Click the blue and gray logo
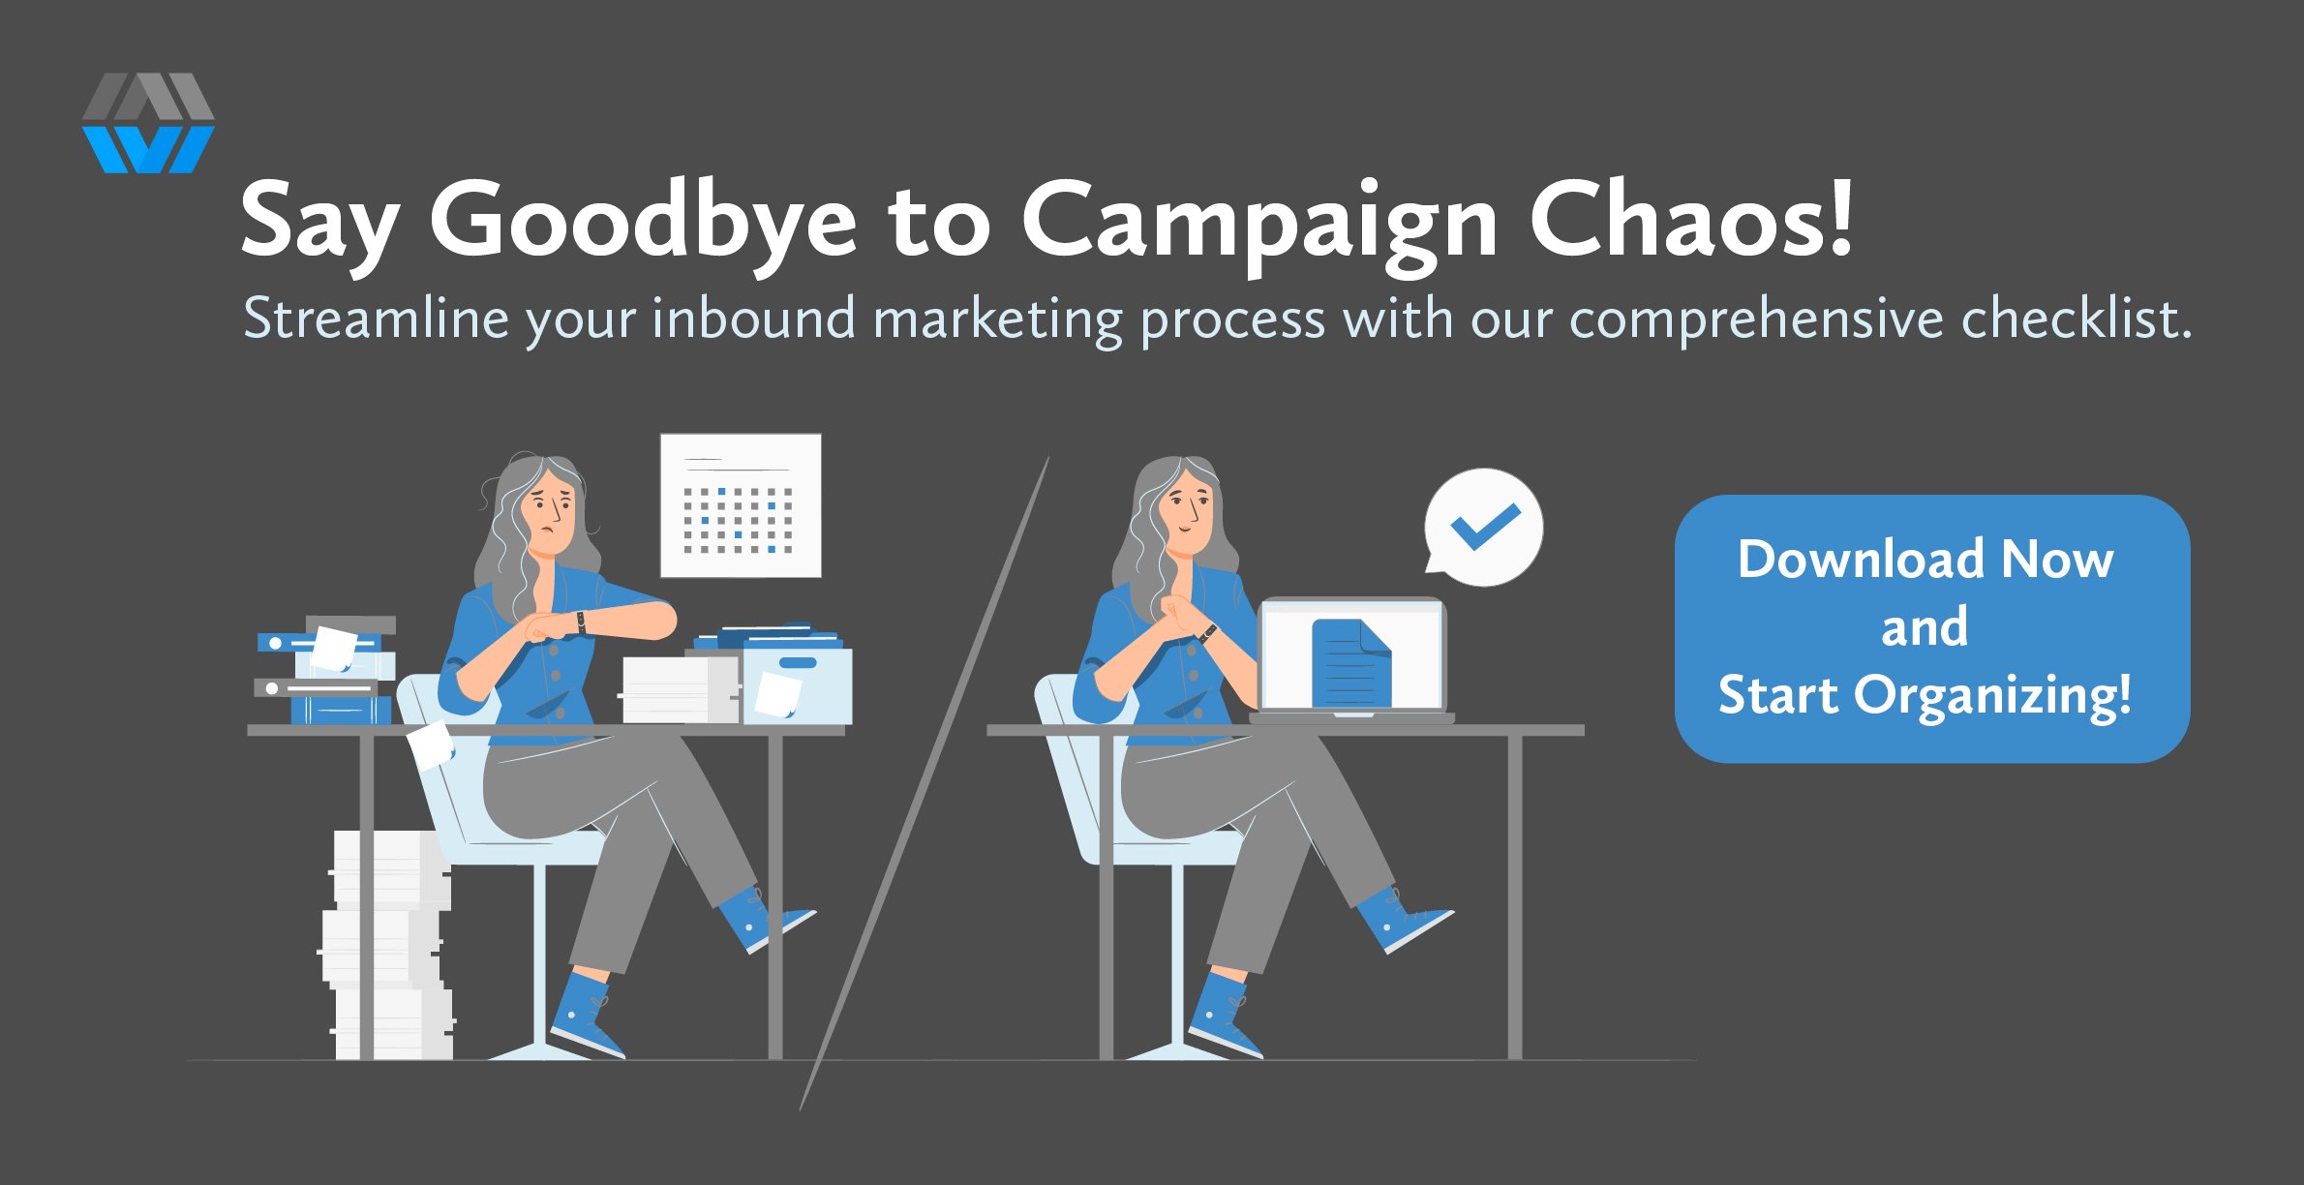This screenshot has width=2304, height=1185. (148, 123)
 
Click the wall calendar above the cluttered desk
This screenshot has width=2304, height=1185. (741, 505)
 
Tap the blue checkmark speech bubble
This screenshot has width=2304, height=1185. (1482, 528)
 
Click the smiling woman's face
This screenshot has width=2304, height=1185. (1188, 512)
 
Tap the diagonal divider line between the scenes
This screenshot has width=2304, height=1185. (925, 783)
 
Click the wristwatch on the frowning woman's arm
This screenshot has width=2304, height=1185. (581, 622)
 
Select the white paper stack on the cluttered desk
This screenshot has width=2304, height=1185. (680, 689)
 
